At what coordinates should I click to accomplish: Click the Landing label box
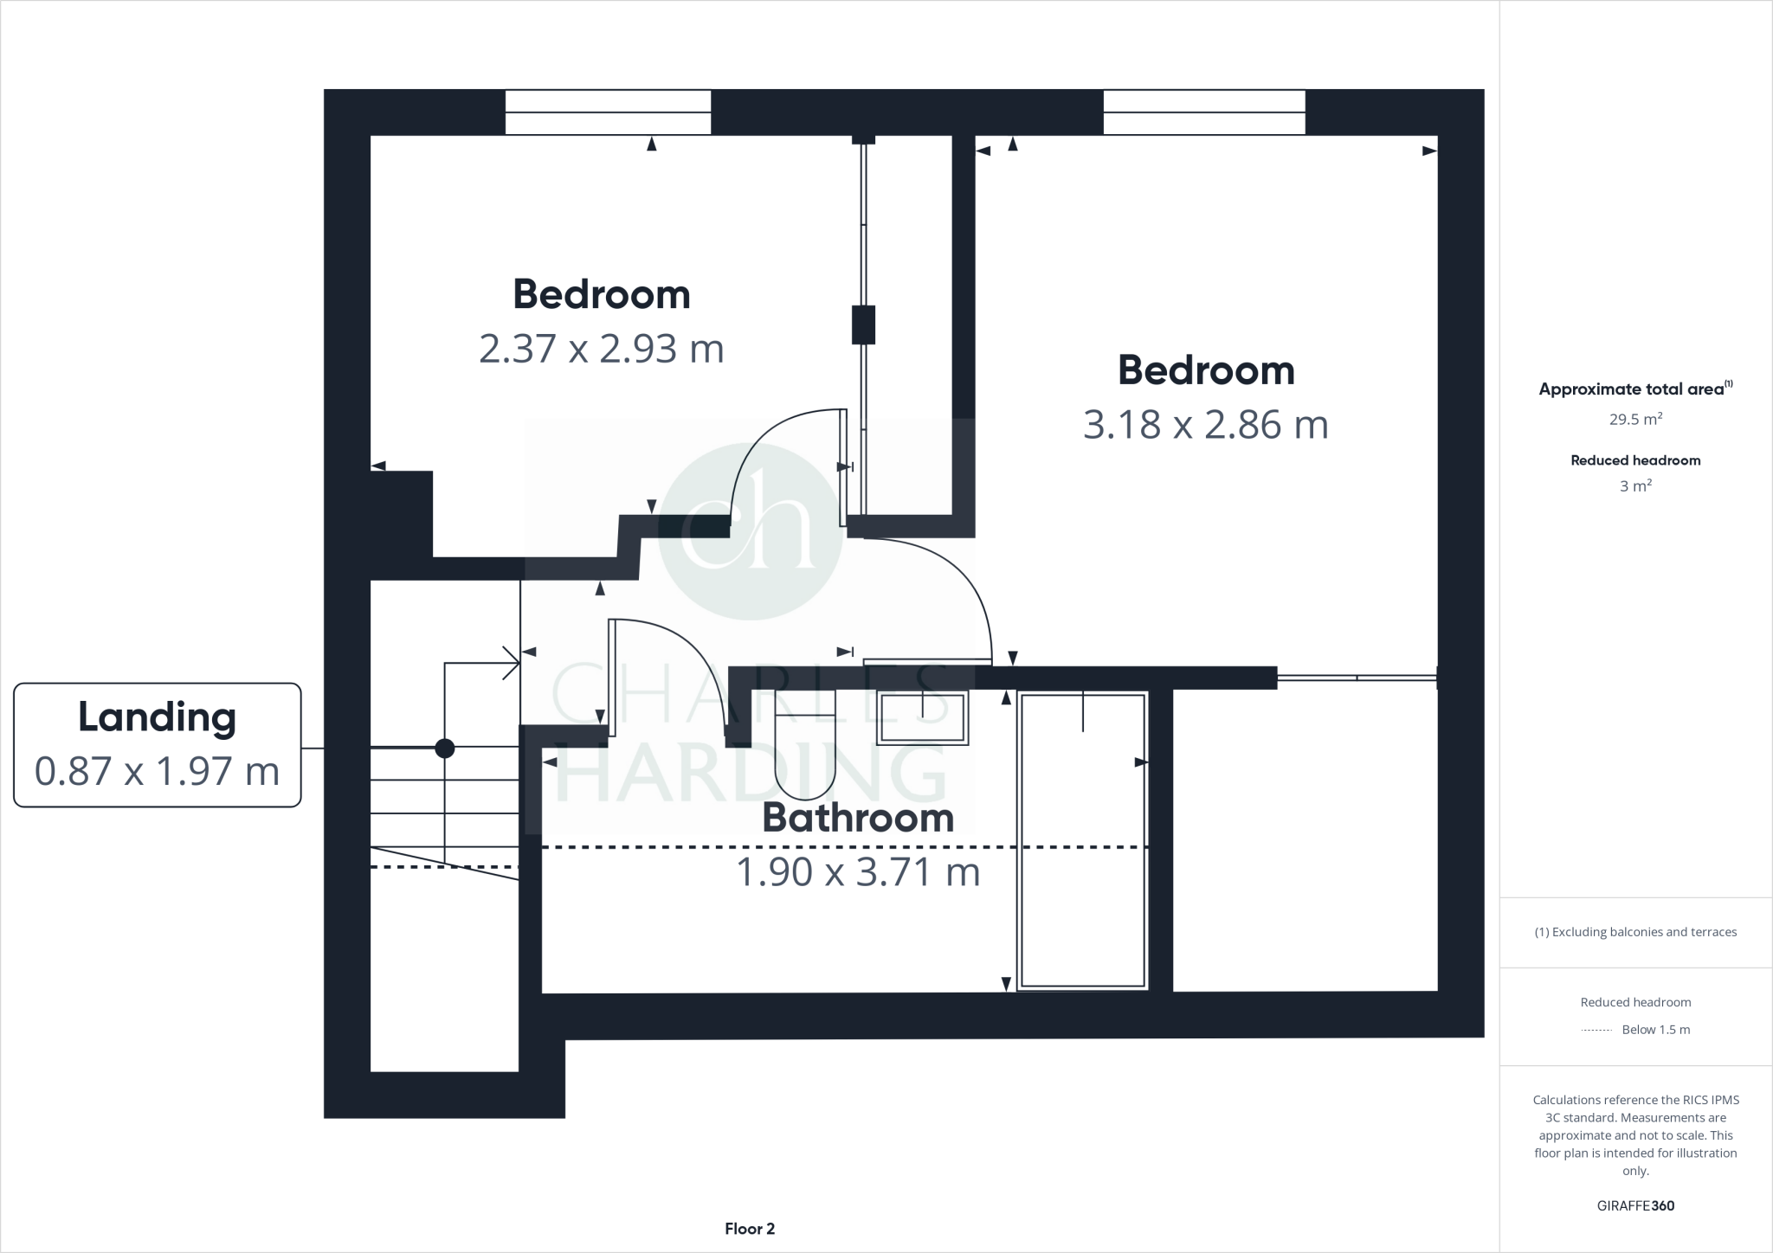tap(157, 745)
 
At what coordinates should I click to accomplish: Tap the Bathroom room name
tap(858, 818)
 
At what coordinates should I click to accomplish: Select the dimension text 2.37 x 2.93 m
tap(601, 349)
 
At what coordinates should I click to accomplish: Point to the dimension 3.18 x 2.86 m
tap(1205, 425)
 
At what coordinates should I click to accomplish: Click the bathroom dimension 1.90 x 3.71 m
tap(858, 871)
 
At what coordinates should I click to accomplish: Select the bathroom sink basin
tap(922, 717)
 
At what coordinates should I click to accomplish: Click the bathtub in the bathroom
tap(1083, 839)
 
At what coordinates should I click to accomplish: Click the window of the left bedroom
tap(608, 112)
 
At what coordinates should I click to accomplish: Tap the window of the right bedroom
tap(1203, 112)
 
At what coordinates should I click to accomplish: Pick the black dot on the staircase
tap(445, 749)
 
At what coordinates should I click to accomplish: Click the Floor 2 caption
tap(750, 1229)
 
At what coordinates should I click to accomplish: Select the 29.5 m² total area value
tap(1635, 420)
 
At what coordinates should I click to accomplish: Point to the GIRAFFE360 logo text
tap(1635, 1205)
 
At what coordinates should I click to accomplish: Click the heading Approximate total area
tap(1634, 389)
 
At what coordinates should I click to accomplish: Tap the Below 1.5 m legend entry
tap(1655, 1030)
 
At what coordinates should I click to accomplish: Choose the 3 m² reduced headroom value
tap(1635, 486)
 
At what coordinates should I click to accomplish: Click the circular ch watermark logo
tap(750, 530)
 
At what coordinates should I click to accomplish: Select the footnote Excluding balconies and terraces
tap(1635, 932)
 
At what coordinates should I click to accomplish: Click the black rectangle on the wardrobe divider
tap(863, 324)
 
